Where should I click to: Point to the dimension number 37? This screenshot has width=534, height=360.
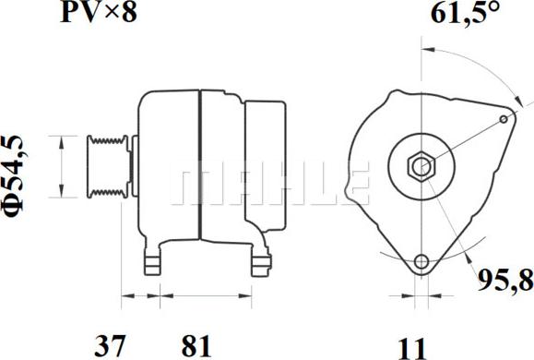[x=111, y=346]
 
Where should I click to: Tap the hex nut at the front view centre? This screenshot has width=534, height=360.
[x=421, y=167]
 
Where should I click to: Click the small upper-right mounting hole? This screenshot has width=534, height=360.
[x=503, y=119]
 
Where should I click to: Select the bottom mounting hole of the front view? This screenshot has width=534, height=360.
[x=421, y=261]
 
